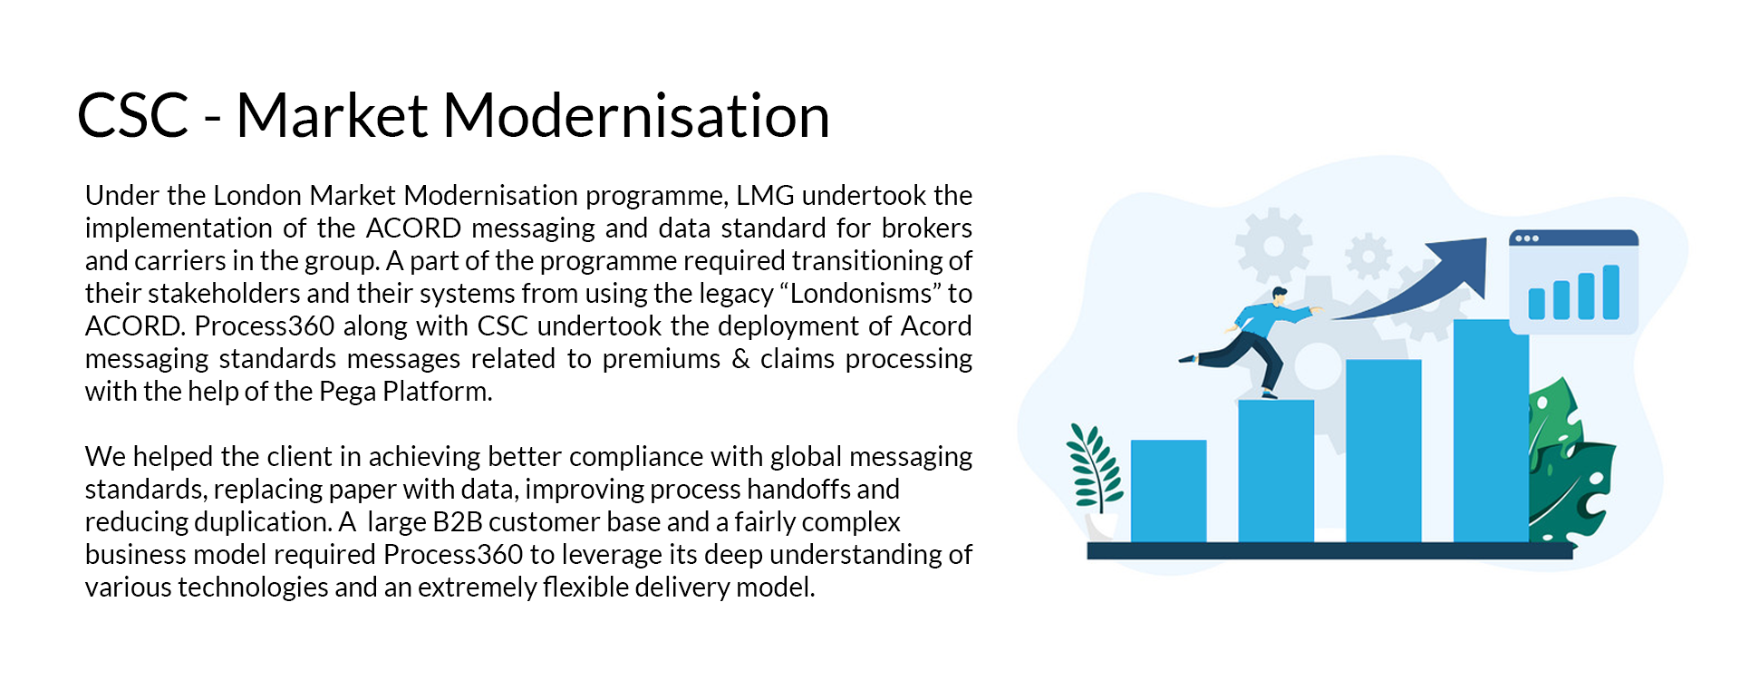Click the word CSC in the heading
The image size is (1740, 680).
tap(133, 116)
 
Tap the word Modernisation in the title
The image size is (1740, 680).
tap(636, 116)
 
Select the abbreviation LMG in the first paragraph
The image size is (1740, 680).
tap(765, 195)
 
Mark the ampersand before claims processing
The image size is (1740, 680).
tap(740, 358)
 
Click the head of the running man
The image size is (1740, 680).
tap(1278, 296)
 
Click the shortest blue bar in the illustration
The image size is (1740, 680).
tap(1168, 491)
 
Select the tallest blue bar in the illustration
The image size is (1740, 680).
tap(1491, 431)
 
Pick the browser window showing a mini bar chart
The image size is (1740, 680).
tap(1573, 282)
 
